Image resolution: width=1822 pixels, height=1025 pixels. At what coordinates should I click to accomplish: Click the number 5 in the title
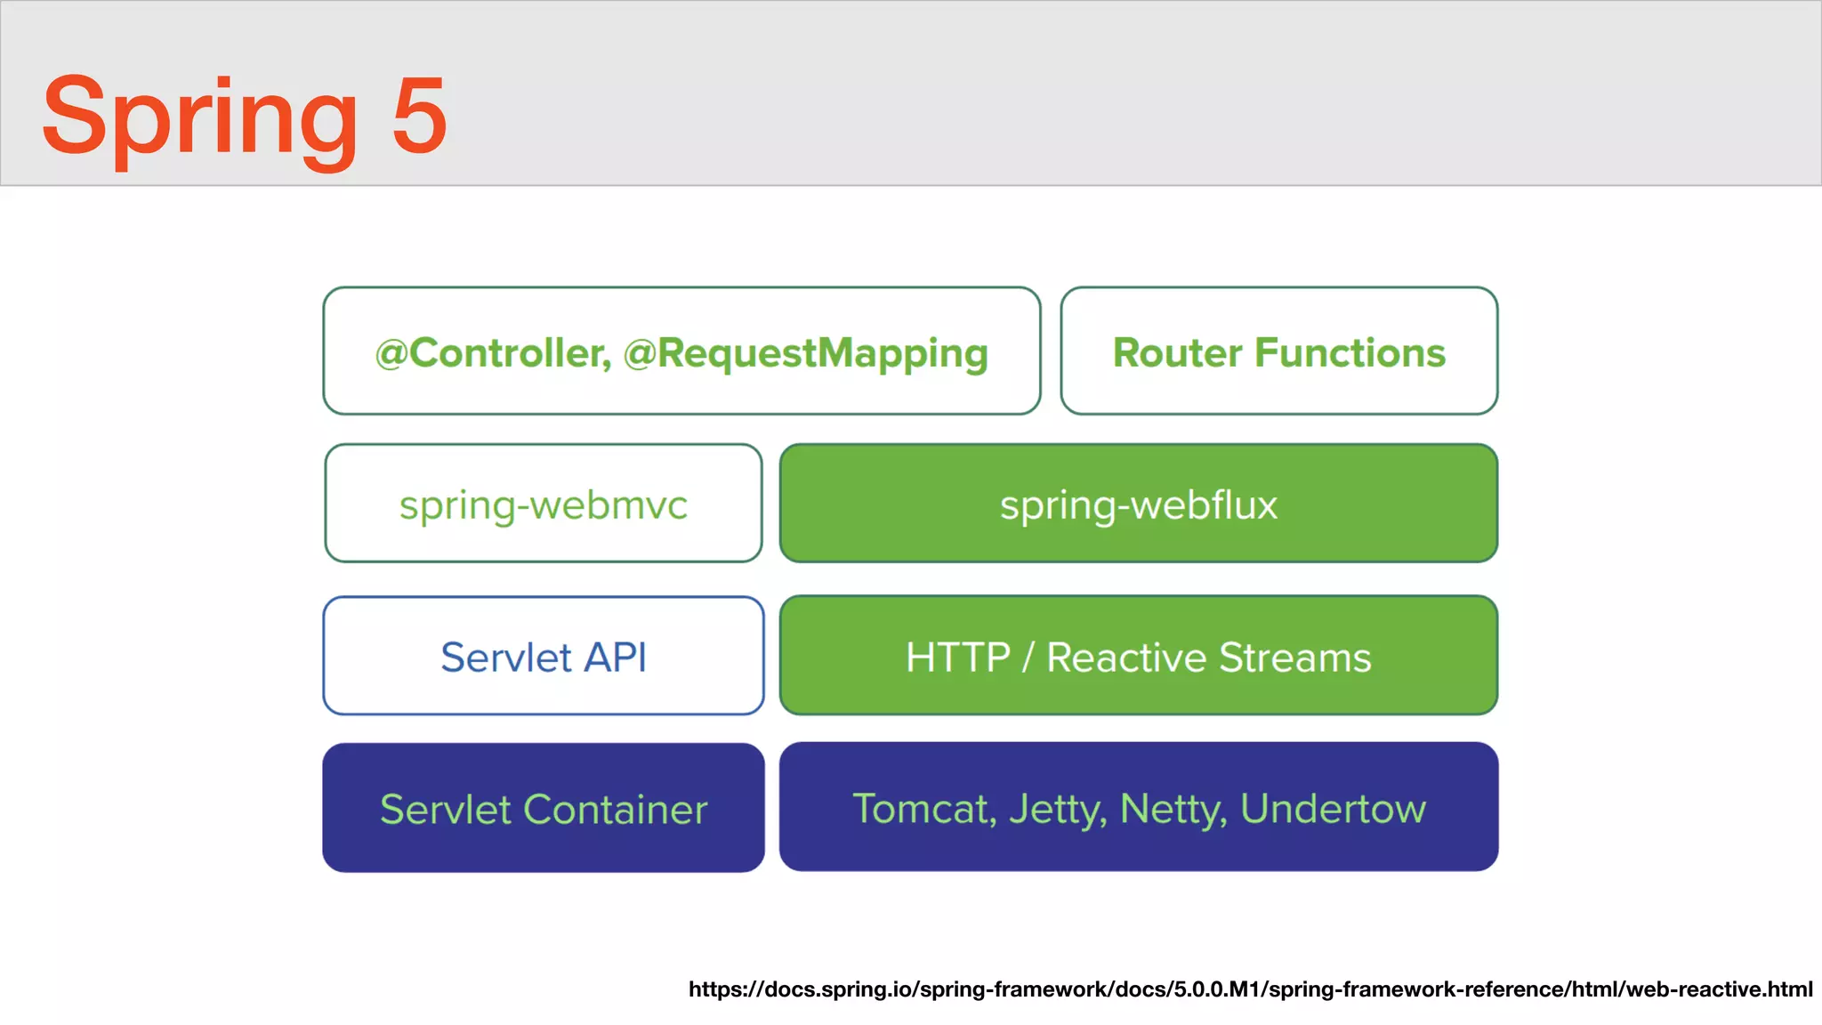419,116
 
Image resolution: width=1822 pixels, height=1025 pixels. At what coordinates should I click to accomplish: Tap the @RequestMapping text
805,353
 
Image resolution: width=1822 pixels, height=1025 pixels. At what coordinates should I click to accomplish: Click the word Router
1177,352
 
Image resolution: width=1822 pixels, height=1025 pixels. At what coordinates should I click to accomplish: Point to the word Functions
1350,352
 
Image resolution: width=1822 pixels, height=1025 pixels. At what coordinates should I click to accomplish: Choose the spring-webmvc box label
543,505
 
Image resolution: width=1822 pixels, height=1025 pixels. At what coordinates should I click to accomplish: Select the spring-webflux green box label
1138,504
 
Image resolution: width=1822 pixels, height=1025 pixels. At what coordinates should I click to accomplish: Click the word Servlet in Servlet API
505,658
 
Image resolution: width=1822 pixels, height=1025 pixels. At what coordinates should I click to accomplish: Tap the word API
616,658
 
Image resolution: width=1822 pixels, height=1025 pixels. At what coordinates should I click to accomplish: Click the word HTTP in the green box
957,658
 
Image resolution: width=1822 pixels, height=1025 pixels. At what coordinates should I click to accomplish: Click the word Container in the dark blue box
615,810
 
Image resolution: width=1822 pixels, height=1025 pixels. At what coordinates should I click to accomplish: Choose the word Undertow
1333,809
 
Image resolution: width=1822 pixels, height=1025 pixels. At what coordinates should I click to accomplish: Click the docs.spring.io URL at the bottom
1250,989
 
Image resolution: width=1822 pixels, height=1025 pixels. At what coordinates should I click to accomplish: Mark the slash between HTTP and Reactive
1028,658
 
